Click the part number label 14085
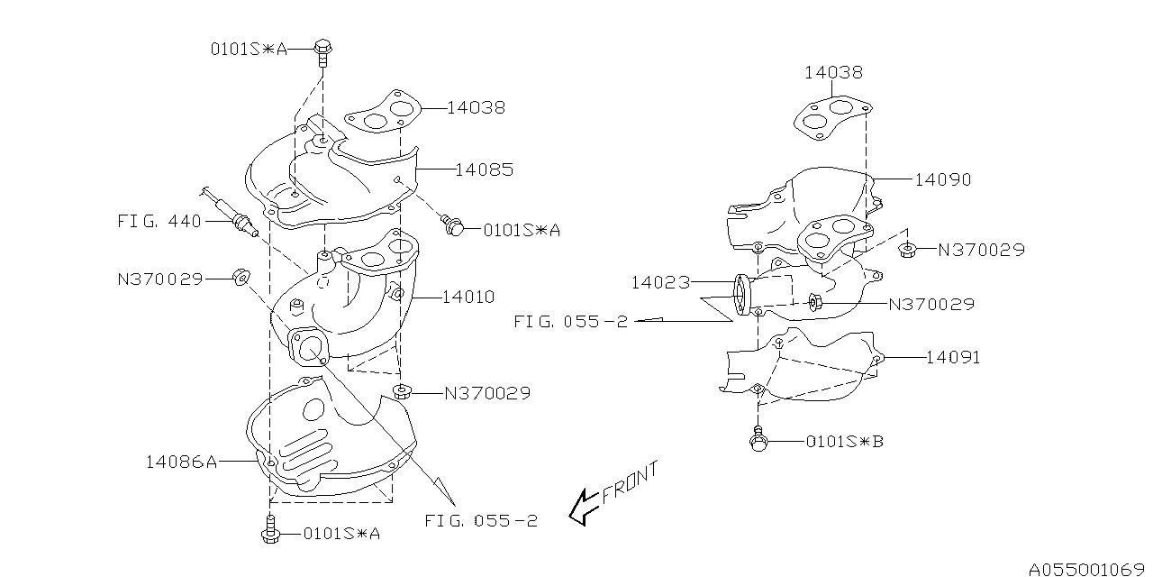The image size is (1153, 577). [x=485, y=169]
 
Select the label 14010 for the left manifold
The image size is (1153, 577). [x=468, y=297]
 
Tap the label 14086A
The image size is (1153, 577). [x=181, y=462]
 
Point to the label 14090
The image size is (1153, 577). [x=943, y=179]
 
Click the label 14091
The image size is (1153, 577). [x=952, y=357]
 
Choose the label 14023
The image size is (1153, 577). [x=659, y=282]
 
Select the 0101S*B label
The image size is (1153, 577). [x=844, y=442]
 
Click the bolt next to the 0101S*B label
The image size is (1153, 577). [x=758, y=440]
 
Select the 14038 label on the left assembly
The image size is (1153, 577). [x=476, y=107]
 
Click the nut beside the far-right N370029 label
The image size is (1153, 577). [x=908, y=250]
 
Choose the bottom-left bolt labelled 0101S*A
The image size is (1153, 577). [x=268, y=532]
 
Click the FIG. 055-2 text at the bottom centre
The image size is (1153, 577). [x=481, y=520]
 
